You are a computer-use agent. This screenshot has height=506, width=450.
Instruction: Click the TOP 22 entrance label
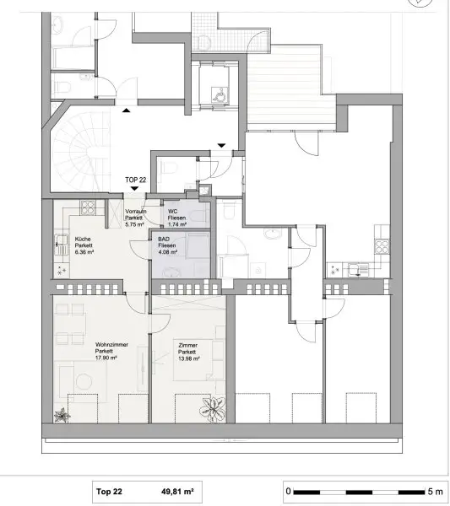pyautogui.click(x=135, y=180)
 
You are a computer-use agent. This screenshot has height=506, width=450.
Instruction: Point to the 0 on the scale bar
pyautogui.click(x=288, y=490)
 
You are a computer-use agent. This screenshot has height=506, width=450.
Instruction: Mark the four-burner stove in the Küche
pyautogui.click(x=62, y=269)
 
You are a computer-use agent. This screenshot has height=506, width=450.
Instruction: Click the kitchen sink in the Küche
pyautogui.click(x=61, y=246)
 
